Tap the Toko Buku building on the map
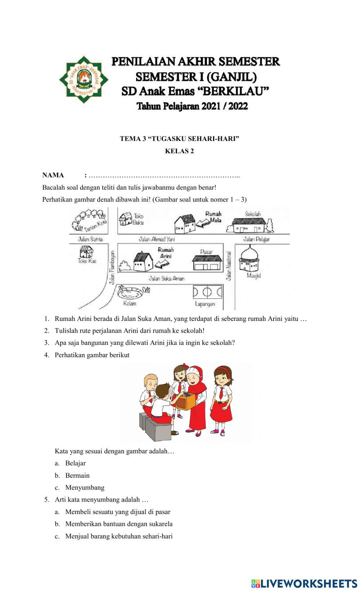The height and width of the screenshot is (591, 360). click(x=126, y=219)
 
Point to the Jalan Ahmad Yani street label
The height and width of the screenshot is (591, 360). click(x=157, y=239)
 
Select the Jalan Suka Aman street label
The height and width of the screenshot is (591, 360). click(x=166, y=278)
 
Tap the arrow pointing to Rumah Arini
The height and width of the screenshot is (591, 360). click(x=162, y=264)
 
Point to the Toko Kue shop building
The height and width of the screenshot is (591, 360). click(x=87, y=251)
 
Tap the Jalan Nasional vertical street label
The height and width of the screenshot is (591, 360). click(x=228, y=266)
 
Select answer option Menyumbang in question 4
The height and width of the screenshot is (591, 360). click(x=85, y=487)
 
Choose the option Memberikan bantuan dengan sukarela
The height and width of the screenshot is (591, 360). click(x=119, y=524)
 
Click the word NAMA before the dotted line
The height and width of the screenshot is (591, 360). click(x=53, y=175)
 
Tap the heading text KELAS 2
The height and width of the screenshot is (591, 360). click(x=179, y=151)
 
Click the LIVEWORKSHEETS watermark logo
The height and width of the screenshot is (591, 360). click(x=304, y=583)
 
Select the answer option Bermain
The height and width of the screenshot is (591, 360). click(x=77, y=475)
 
